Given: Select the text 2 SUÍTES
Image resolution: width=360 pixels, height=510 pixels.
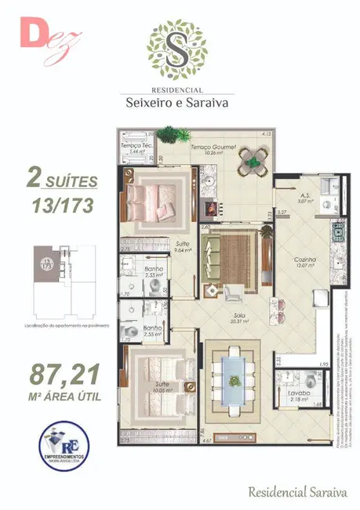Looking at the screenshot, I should point(62,180).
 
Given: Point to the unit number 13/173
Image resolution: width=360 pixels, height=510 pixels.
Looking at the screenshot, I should point(62,206).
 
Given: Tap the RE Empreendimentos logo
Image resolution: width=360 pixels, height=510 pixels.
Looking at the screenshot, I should point(65,446).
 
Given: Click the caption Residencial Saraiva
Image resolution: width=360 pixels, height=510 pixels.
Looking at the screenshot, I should point(296,492).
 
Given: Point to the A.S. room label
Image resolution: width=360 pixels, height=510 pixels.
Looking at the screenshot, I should point(307,196).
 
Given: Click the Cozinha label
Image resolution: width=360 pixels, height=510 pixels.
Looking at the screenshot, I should point(306,259).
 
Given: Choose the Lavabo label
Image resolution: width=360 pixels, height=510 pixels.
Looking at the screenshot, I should point(298,392).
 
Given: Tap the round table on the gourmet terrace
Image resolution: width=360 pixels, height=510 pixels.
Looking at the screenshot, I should point(254,162).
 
